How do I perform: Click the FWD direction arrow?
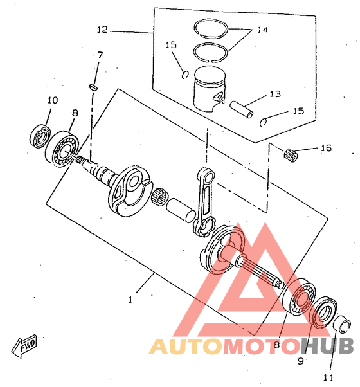[x=24, y=346]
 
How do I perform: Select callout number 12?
[x=102, y=30]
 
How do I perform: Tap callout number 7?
[x=100, y=55]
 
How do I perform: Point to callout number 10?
[x=53, y=100]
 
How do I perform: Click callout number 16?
[x=326, y=148]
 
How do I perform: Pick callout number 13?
[x=275, y=94]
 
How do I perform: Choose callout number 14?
[x=262, y=30]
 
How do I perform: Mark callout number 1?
[x=130, y=300]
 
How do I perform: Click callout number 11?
[x=328, y=377]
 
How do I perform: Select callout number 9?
[x=300, y=361]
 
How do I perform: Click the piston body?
[x=210, y=89]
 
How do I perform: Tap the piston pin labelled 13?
[x=242, y=109]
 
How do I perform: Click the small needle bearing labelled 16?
[x=291, y=155]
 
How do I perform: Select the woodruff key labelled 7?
[x=94, y=87]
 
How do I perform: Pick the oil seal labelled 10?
[x=40, y=136]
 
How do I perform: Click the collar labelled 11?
[x=342, y=324]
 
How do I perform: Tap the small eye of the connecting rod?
[x=206, y=176]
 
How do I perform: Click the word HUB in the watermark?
[x=327, y=346]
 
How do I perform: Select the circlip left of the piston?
[x=185, y=75]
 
